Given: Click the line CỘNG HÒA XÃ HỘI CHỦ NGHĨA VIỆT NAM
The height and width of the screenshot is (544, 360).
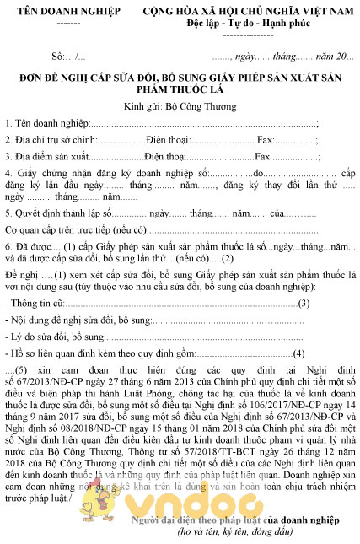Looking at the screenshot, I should click(x=246, y=11).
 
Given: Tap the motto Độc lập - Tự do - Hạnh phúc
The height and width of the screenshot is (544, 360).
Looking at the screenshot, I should click(x=247, y=23).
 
